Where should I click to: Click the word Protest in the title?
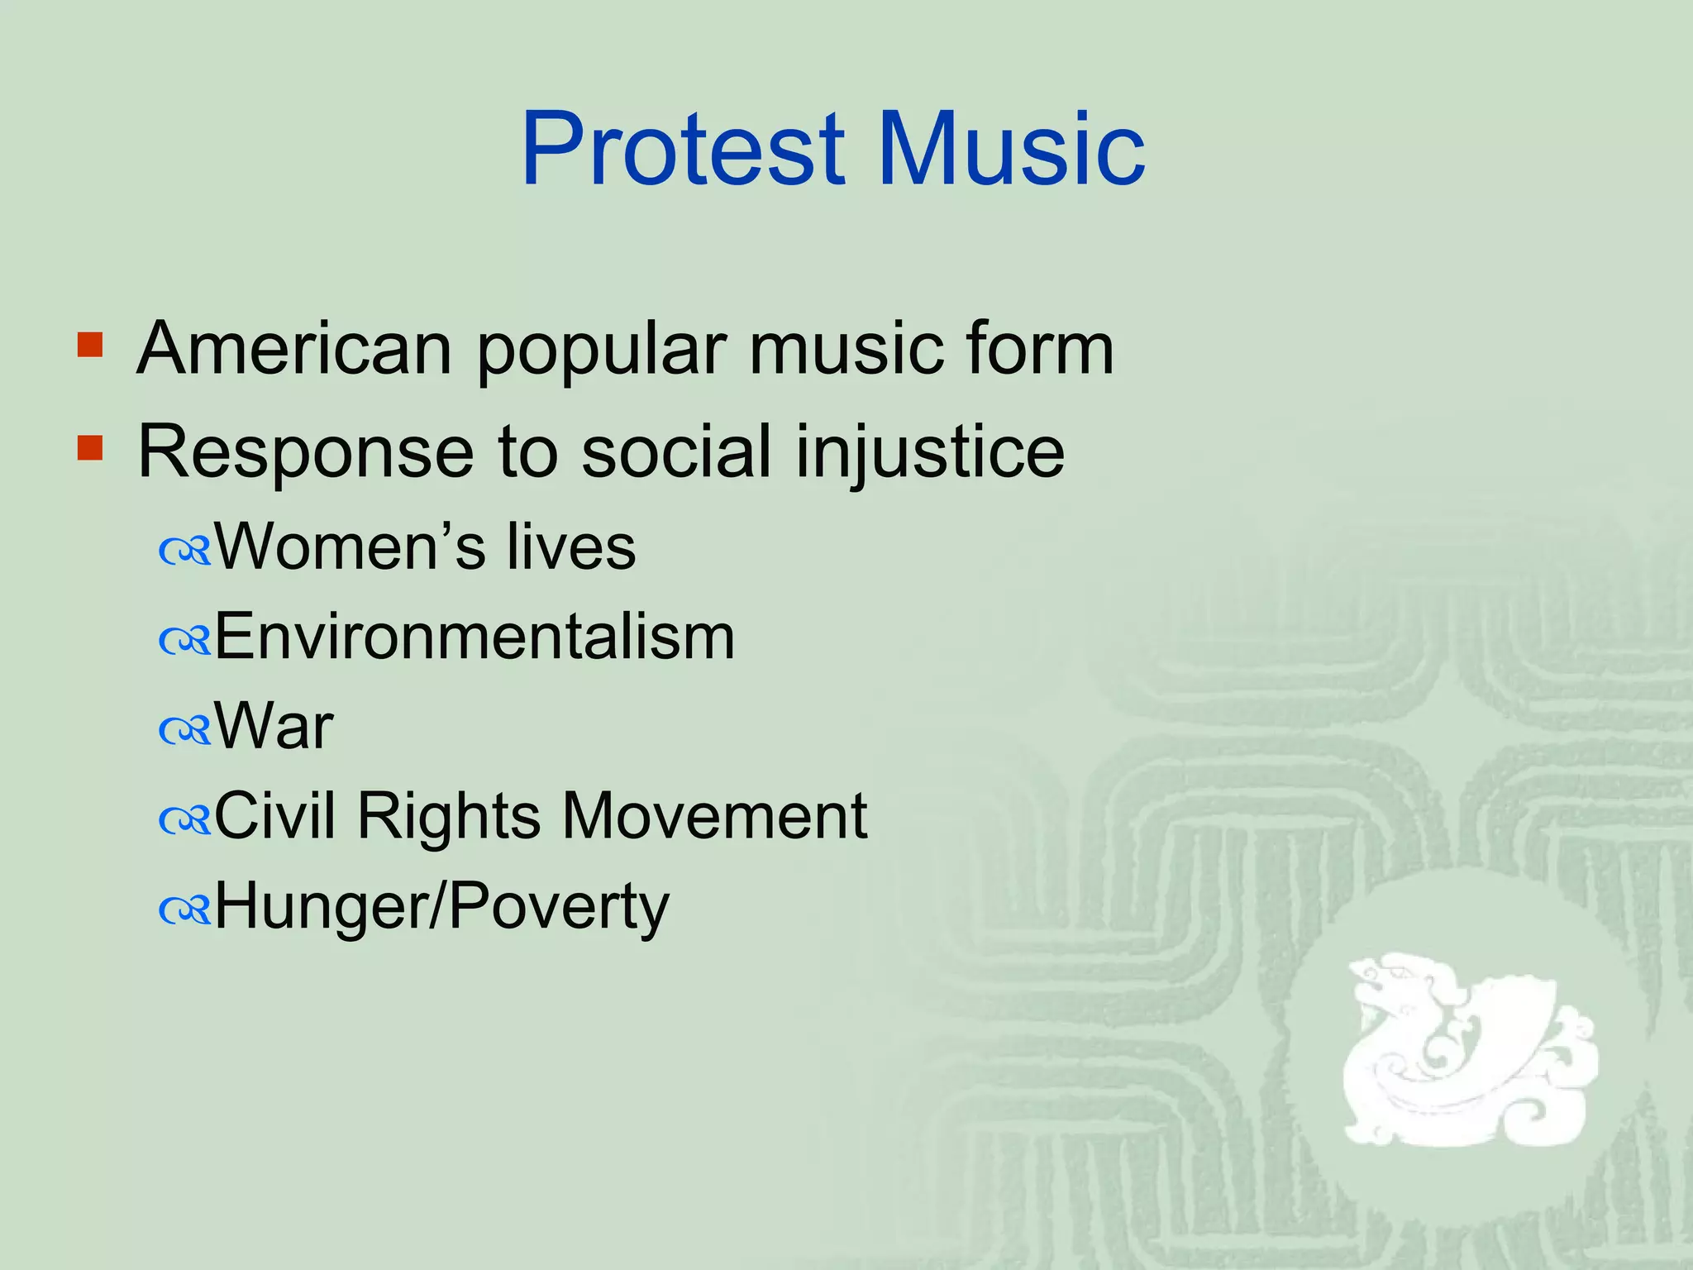click(683, 149)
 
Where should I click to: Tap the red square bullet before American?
click(90, 345)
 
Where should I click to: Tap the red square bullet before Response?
click(90, 448)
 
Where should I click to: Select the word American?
click(293, 348)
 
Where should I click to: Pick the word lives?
click(571, 547)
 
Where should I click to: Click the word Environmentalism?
click(475, 637)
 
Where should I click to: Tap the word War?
click(274, 726)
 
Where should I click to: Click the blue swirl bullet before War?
click(185, 731)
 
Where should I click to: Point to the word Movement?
click(714, 816)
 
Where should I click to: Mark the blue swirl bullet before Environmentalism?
click(185, 642)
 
